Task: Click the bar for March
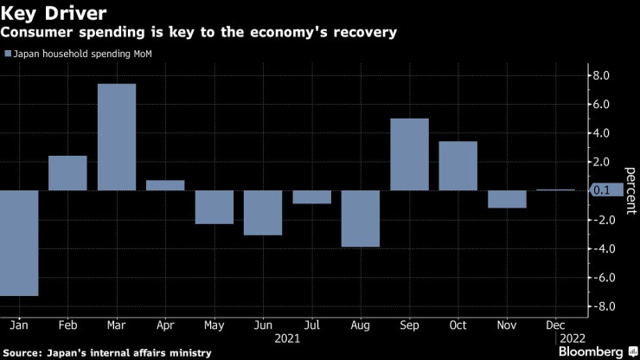(117, 137)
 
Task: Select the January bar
(19, 242)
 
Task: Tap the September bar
(410, 154)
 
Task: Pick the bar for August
(361, 218)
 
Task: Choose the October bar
(458, 165)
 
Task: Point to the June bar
(263, 212)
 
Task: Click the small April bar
(165, 185)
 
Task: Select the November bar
(508, 199)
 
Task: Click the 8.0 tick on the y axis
(600, 75)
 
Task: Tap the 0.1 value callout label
(602, 190)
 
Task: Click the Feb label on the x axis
(67, 325)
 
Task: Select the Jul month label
(312, 325)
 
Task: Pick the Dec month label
(556, 325)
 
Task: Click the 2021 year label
(287, 338)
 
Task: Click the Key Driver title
(54, 14)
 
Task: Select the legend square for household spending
(9, 54)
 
